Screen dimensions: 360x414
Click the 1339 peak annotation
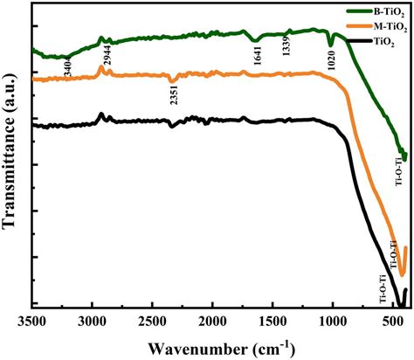click(287, 51)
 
